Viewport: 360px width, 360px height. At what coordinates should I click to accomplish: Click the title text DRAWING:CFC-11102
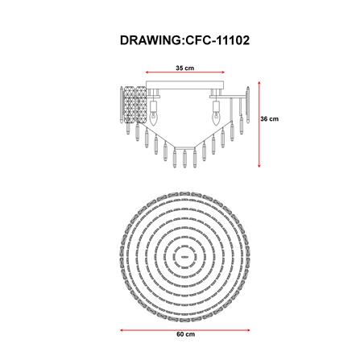pos(184,40)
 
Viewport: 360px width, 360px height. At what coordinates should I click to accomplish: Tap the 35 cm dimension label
pos(184,68)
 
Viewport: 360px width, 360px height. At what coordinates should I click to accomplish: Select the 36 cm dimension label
pos(270,118)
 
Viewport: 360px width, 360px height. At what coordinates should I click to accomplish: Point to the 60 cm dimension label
pos(186,334)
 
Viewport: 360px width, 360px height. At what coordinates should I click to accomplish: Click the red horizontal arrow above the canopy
pos(185,72)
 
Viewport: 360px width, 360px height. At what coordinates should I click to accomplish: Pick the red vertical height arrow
pos(259,124)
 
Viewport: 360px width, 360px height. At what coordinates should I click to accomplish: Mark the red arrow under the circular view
pos(185,330)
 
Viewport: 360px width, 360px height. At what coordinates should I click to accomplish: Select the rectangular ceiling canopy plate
pos(185,85)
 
